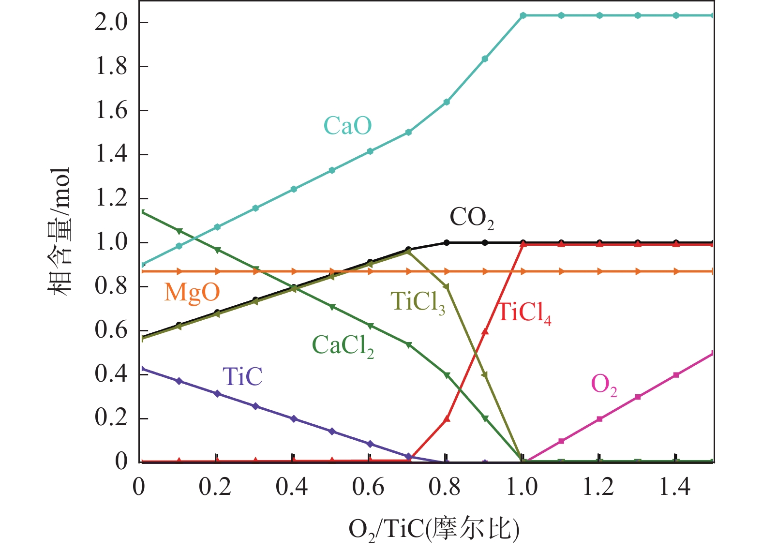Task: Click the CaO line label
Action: [x=347, y=126]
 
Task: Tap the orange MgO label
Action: [x=192, y=292]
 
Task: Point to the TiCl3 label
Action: [x=418, y=302]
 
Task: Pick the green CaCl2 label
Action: [x=343, y=345]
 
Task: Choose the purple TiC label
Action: [x=242, y=376]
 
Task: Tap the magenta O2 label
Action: [x=604, y=385]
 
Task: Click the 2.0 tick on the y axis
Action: [x=111, y=22]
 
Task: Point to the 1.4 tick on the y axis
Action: [x=111, y=154]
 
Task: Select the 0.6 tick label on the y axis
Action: [x=111, y=330]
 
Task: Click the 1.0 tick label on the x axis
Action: [x=522, y=487]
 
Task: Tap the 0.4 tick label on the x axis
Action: [x=292, y=487]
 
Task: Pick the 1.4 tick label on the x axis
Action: [x=675, y=487]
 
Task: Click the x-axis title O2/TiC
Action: [x=434, y=529]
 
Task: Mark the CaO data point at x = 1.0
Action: [x=523, y=15]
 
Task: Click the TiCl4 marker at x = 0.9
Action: [x=485, y=331]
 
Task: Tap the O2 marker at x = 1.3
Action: [x=638, y=397]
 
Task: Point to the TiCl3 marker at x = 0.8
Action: [x=446, y=287]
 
